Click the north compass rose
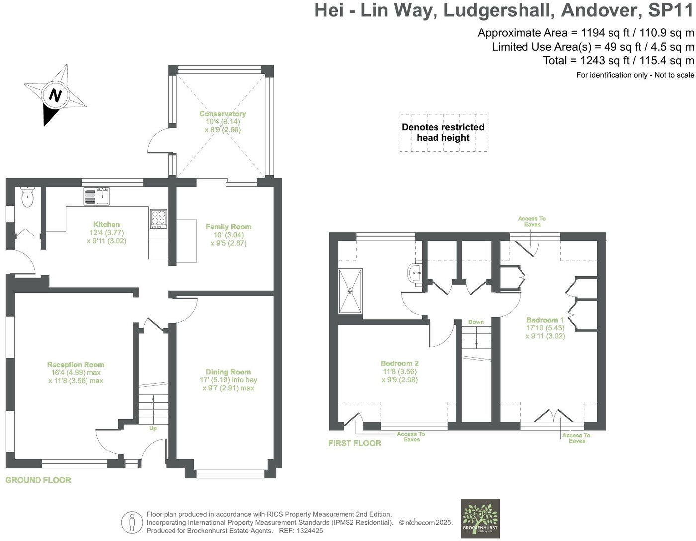55,95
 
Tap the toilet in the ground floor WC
27,198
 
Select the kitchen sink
97,196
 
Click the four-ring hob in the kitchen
158,219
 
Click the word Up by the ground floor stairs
153,428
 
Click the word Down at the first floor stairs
476,322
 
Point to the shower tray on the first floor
350,291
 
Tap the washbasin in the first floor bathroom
415,273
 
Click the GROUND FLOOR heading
38,480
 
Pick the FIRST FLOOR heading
354,443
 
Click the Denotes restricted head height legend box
443,132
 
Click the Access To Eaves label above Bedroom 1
531,222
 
